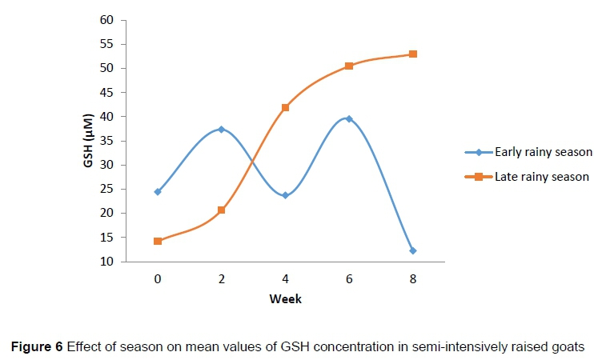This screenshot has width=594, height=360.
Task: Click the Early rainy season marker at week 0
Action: (x=158, y=192)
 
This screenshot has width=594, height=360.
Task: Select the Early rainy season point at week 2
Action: (x=221, y=129)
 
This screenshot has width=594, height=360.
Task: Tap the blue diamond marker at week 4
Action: (x=285, y=195)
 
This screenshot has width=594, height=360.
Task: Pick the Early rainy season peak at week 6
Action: (x=349, y=118)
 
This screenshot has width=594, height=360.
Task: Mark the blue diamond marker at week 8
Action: (x=413, y=250)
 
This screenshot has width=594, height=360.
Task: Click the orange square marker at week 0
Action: (x=158, y=241)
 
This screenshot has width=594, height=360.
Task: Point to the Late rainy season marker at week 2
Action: (x=221, y=210)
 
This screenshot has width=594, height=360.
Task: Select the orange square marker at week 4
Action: (x=285, y=107)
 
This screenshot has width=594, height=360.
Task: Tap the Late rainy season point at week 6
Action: (x=349, y=66)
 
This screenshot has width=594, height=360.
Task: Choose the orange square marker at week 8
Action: (x=413, y=54)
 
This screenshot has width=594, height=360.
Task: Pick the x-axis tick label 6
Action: (x=349, y=280)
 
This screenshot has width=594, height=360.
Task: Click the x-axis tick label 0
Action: (x=158, y=280)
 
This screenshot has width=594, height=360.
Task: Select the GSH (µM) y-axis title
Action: (x=88, y=141)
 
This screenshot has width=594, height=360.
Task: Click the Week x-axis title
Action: (x=286, y=299)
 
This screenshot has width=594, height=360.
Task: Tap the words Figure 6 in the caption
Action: (x=36, y=346)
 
